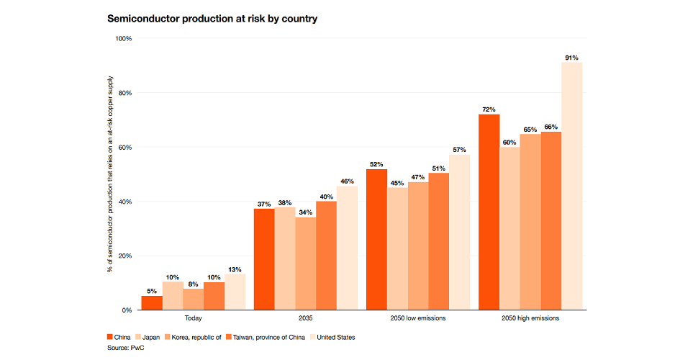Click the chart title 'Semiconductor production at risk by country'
212,19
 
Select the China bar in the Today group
152,302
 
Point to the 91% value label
572,57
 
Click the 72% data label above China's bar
489,109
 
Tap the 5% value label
152,290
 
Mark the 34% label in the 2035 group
306,212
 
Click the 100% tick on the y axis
123,38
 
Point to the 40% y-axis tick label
124,202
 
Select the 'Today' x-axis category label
193,318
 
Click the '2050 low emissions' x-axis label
418,318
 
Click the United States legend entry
333,337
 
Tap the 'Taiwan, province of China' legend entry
266,337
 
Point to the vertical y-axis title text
110,174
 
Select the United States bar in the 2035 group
348,248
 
